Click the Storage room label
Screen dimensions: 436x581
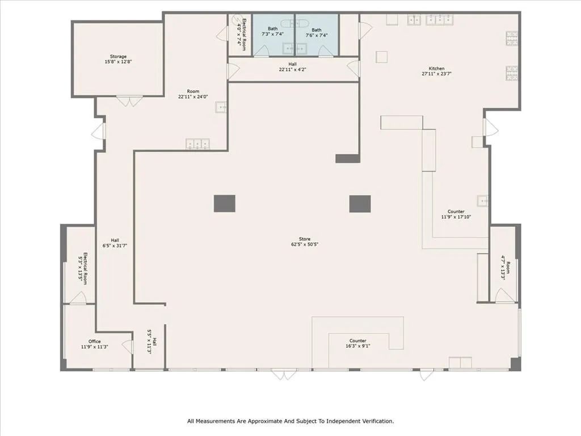click(118, 59)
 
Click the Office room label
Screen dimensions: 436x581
click(94, 344)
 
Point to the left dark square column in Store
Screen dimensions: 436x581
click(224, 204)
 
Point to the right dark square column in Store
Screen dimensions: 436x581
click(360, 204)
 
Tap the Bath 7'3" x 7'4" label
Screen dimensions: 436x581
click(273, 32)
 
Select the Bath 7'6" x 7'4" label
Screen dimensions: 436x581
click(316, 32)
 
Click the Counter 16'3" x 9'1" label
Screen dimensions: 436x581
click(357, 343)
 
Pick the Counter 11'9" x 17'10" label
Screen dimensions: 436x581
click(456, 214)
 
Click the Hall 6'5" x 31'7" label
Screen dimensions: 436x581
click(115, 243)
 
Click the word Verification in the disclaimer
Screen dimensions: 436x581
click(371, 421)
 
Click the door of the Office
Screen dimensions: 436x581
click(128, 346)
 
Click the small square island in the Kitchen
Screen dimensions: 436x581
click(382, 57)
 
